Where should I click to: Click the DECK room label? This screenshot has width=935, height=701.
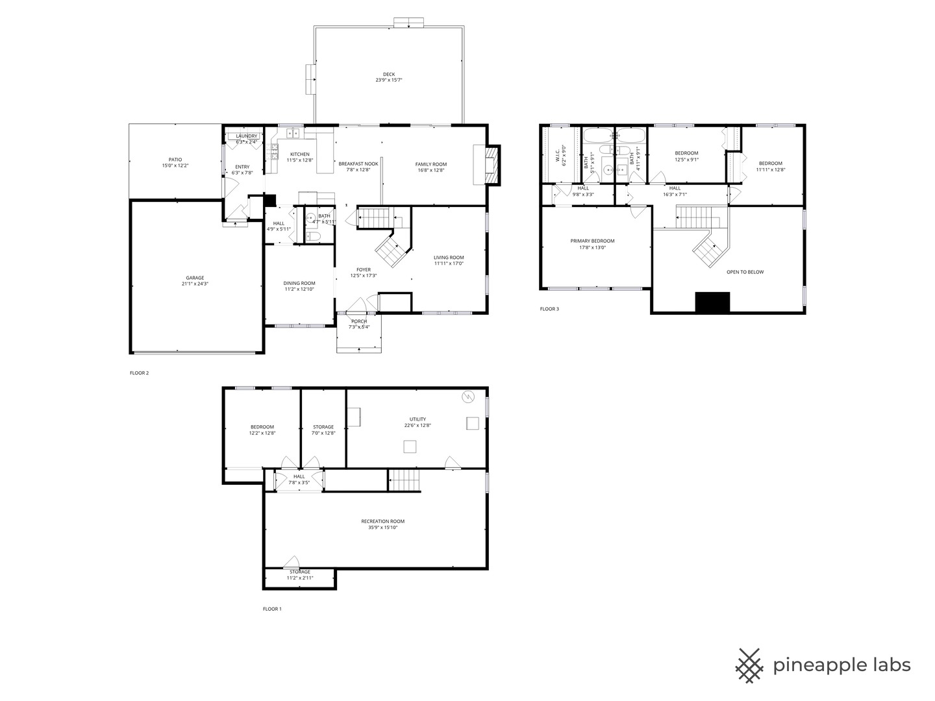point(388,74)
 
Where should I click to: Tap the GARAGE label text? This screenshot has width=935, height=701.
point(195,278)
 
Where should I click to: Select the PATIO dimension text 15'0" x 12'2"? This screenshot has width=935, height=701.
point(175,166)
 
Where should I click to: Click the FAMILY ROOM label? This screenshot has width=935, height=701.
point(431,164)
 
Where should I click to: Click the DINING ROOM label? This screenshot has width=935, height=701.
point(299,283)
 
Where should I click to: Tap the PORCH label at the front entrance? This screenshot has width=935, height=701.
point(359,321)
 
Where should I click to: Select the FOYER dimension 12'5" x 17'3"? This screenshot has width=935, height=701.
point(364,275)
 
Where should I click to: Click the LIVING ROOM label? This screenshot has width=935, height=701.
point(449,257)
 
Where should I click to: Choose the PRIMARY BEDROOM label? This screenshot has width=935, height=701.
point(592,241)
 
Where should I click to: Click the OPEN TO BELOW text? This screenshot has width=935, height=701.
point(745,272)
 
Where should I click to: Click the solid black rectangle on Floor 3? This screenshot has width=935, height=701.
point(712,302)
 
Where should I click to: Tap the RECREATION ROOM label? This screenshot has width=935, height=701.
point(382,521)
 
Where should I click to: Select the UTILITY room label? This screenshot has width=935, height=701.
point(418,419)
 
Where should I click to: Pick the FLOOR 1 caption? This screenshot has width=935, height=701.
point(272,609)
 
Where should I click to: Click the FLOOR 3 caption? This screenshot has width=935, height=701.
point(549,309)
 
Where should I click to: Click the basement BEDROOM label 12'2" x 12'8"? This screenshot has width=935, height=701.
point(262,427)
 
